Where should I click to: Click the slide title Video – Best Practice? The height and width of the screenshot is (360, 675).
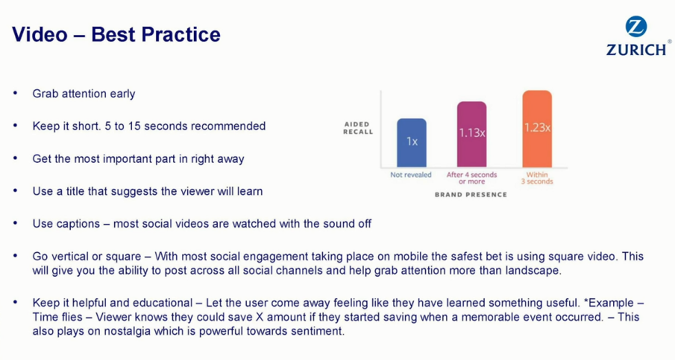116,34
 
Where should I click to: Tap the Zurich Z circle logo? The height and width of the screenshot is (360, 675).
636,27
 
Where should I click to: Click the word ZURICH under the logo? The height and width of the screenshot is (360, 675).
637,49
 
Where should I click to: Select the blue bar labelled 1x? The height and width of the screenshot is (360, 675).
412,143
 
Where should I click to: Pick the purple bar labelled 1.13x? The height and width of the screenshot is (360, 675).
472,134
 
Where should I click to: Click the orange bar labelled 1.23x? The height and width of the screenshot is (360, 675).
538,128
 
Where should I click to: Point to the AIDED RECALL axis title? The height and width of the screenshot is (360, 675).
357,128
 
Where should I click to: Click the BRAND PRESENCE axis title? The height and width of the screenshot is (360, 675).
471,194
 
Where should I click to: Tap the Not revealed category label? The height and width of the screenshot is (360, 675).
410,175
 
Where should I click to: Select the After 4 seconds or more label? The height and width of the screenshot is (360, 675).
472,178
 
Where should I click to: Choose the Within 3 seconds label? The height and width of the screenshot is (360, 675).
538,178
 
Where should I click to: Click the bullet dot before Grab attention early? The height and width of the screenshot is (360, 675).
16,93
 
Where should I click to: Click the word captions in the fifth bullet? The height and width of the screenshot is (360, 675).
79,224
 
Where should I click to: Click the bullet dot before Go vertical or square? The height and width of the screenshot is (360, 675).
16,256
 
